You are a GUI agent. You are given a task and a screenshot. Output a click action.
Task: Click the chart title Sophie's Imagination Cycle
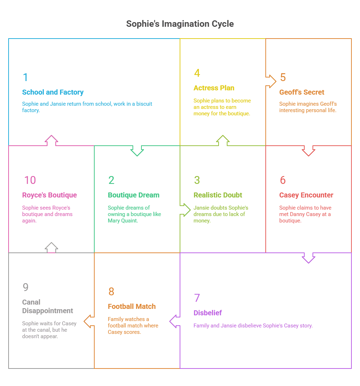180,24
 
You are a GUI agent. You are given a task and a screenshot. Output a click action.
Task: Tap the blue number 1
25,77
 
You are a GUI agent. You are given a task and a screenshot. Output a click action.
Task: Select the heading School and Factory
53,92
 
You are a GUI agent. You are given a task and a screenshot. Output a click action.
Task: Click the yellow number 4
197,73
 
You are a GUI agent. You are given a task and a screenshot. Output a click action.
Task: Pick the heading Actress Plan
214,88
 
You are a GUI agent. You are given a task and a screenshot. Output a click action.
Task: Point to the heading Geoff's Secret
302,92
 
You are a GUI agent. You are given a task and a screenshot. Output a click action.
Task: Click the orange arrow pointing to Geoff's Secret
271,81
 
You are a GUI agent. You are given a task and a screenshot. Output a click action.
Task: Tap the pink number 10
30,180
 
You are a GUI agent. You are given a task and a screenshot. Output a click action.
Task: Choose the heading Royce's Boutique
50,195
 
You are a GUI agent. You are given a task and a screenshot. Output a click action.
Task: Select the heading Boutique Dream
134,195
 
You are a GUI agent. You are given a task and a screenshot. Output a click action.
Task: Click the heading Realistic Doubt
218,195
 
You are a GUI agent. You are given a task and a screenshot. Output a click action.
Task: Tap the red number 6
282,180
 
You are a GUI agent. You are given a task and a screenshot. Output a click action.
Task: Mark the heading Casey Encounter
306,195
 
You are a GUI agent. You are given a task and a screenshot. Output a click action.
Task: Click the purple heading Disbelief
207,313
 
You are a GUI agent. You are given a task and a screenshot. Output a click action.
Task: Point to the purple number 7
197,298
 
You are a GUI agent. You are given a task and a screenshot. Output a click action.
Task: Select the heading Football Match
132,306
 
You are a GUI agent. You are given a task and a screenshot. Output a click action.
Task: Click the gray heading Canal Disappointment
47,306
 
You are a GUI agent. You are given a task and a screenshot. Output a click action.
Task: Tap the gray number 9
25,287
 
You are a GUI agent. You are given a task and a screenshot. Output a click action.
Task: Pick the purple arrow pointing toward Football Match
175,321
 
